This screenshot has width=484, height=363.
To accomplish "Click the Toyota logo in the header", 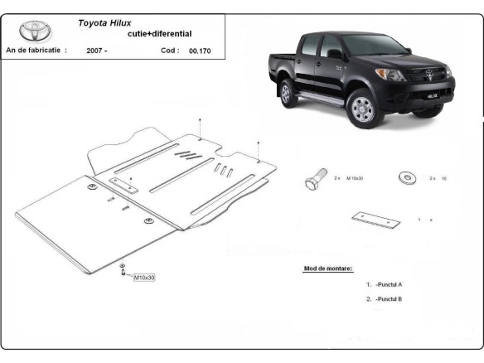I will (36, 31).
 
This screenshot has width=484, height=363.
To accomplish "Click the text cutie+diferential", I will (159, 34).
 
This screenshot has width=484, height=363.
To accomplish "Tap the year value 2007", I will (95, 51).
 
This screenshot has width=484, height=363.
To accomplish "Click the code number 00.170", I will (199, 51).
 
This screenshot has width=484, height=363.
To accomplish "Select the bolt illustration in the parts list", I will (316, 179).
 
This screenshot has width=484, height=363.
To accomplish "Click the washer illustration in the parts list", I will (408, 177).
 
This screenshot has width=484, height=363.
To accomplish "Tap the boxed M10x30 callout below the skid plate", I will (143, 278).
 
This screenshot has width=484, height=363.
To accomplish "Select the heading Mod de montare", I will (329, 269).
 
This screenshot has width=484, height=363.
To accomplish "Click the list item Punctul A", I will (388, 284).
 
